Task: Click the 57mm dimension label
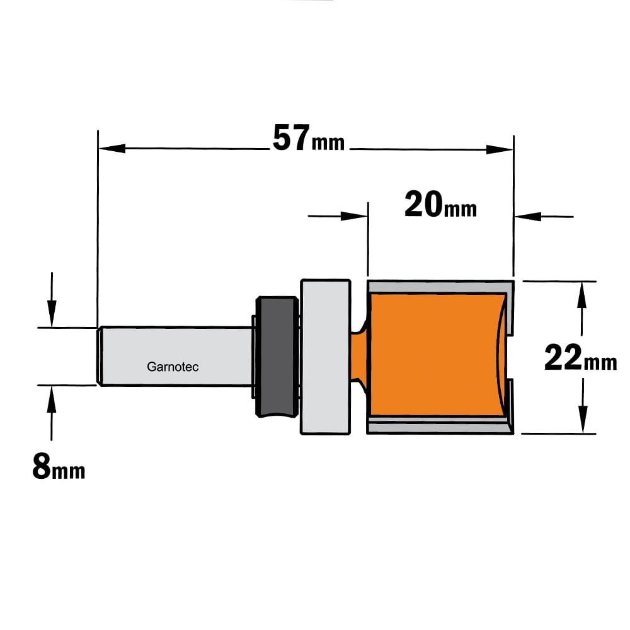(309, 138)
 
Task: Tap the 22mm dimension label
(581, 357)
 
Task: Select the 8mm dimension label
(59, 466)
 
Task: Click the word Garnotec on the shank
(173, 367)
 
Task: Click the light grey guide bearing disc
(326, 357)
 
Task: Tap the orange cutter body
(436, 355)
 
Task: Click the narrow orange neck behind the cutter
(360, 356)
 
